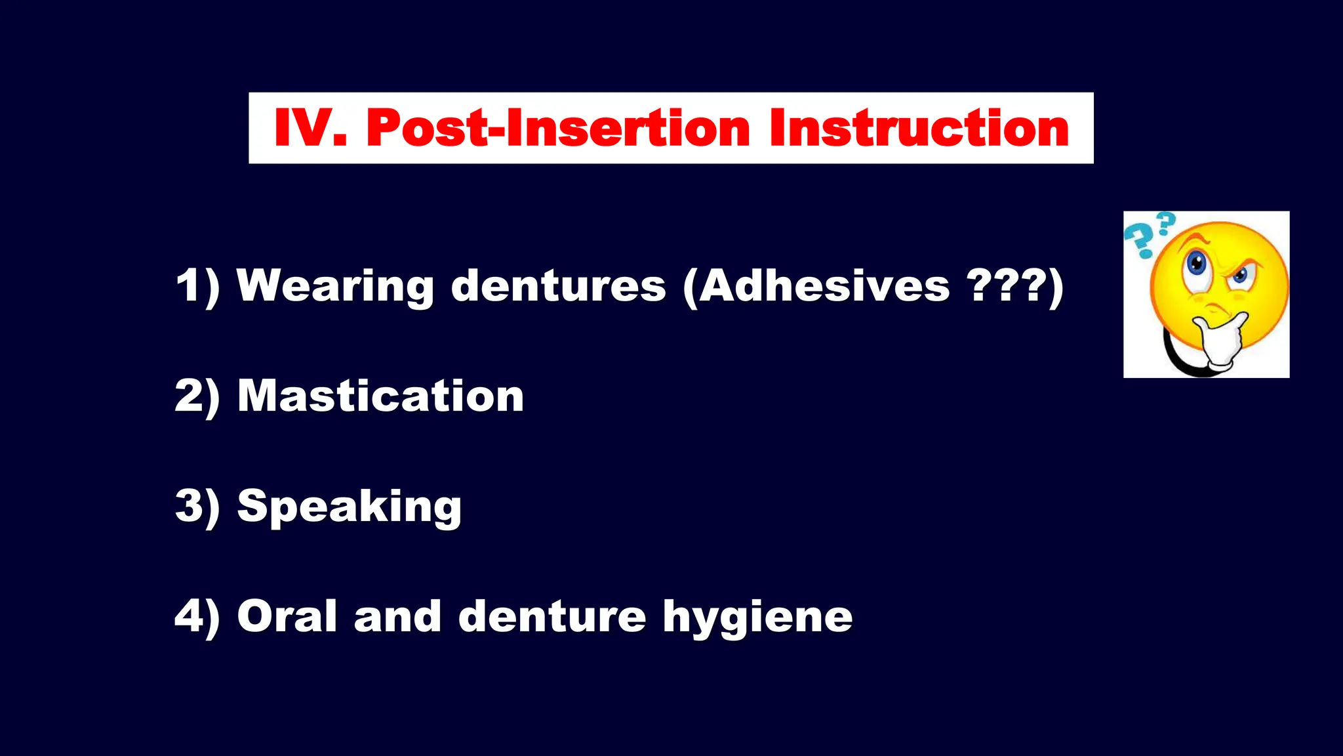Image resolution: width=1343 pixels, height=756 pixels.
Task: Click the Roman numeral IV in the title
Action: tap(309, 128)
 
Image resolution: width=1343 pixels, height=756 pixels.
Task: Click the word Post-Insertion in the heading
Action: tap(557, 128)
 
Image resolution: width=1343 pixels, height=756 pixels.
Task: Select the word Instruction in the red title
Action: tap(919, 128)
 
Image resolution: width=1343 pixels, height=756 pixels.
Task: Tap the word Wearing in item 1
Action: tap(334, 287)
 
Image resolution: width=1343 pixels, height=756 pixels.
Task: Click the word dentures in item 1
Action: tap(558, 287)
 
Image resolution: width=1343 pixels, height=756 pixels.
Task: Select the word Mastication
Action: tap(380, 396)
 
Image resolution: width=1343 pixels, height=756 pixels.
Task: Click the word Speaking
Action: tap(349, 507)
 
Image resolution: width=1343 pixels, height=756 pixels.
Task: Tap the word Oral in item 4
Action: tap(287, 616)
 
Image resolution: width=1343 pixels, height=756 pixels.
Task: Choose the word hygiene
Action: tap(757, 618)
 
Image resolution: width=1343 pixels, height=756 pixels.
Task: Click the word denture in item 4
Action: tap(551, 616)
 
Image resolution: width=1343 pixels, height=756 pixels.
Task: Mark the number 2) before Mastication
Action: tap(197, 396)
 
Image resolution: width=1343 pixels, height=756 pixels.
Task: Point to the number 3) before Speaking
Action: tap(197, 507)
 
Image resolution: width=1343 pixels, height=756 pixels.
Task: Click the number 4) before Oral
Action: tap(197, 616)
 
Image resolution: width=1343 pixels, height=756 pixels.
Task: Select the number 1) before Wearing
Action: tap(197, 287)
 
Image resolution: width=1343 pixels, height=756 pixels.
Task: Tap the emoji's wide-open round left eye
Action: tap(1197, 264)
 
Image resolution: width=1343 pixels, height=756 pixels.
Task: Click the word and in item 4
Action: tap(397, 616)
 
